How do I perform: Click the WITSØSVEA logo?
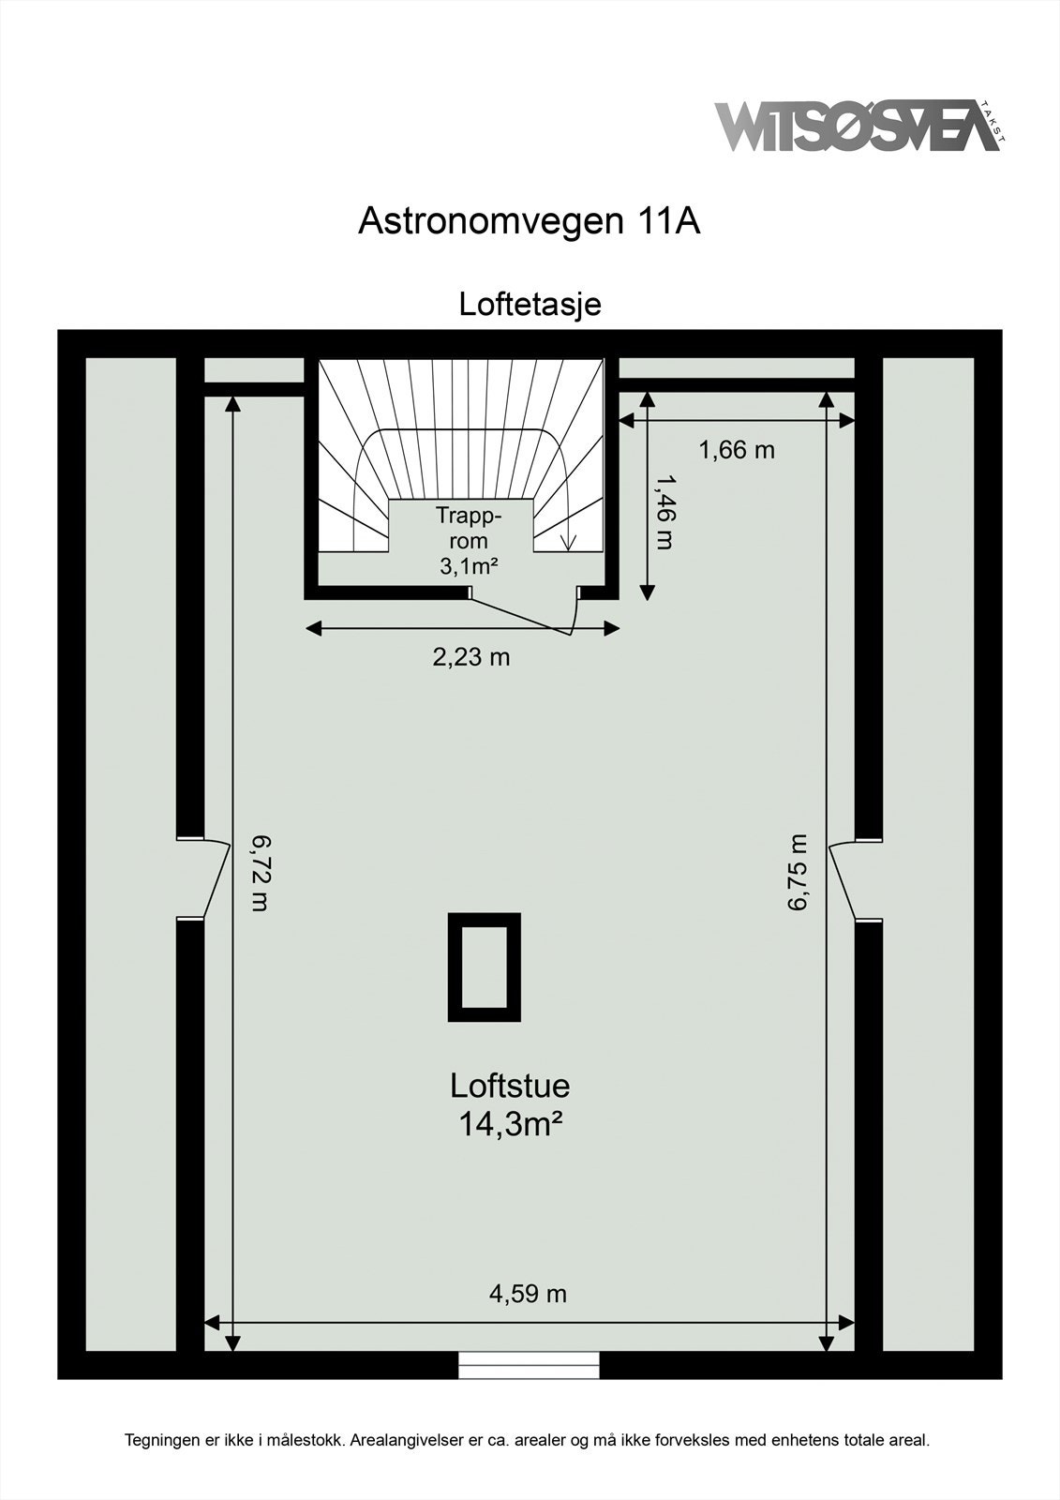(858, 127)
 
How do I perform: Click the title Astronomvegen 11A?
(530, 221)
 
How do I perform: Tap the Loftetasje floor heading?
(530, 304)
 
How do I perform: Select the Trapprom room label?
(468, 529)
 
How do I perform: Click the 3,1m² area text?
(468, 566)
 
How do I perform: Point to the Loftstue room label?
(510, 1086)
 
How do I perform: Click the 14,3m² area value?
(510, 1123)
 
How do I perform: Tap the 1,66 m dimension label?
(737, 450)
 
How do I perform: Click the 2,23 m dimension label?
(470, 657)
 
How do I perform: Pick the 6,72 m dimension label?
(260, 874)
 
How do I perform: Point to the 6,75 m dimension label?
(798, 872)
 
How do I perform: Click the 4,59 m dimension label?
(528, 1294)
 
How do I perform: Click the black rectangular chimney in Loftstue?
(484, 967)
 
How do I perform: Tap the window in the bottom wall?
(529, 1365)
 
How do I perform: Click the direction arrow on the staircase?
(566, 542)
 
